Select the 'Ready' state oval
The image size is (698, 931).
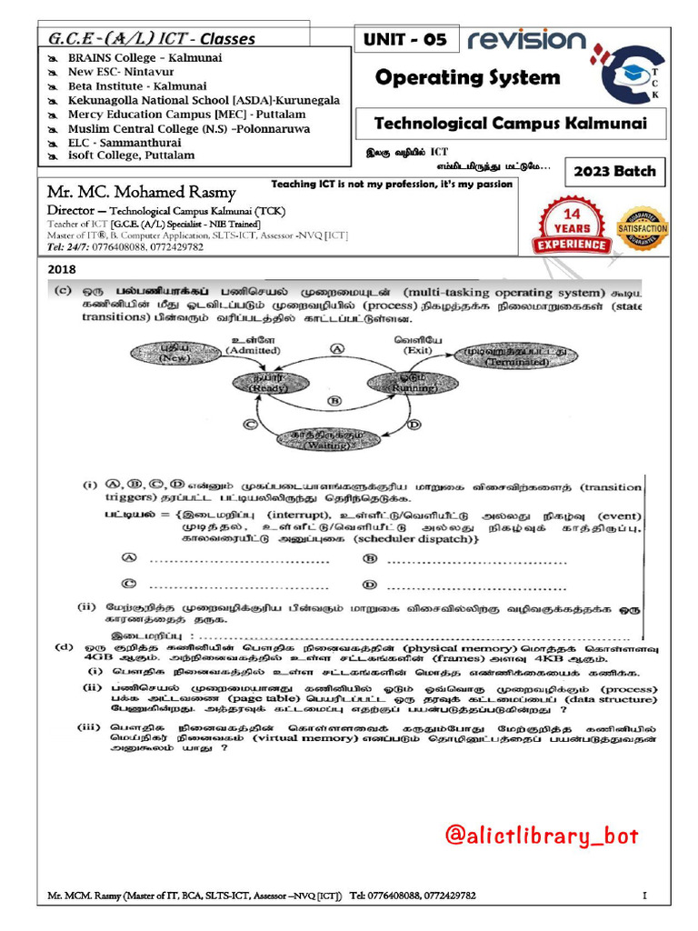[x=266, y=383]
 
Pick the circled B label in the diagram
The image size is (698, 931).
[x=333, y=400]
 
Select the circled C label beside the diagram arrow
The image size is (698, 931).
[x=251, y=423]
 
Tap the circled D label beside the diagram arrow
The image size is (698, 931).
[x=414, y=424]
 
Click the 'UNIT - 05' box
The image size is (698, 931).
[x=404, y=40]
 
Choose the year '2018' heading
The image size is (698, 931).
[x=62, y=269]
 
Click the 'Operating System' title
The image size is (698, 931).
[x=468, y=77]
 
